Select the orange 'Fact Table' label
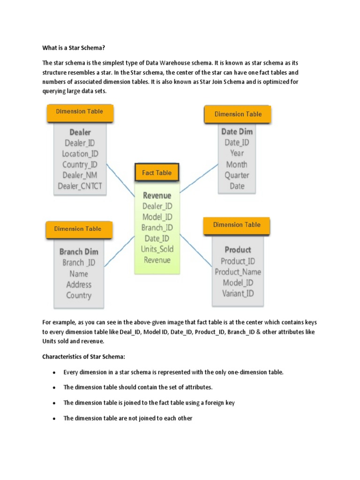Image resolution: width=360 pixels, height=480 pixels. (157, 173)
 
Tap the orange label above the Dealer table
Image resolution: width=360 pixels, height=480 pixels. (80, 112)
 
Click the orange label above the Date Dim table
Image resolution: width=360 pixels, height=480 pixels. (238, 114)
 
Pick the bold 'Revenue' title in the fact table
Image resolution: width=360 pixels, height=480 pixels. (157, 195)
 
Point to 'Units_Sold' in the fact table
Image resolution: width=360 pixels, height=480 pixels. (157, 249)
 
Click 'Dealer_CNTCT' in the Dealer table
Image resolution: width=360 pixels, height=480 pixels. (80, 186)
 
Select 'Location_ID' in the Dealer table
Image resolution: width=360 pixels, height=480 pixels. (80, 154)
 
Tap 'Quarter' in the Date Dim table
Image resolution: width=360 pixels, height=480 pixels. (237, 175)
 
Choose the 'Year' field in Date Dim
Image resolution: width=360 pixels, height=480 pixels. (237, 153)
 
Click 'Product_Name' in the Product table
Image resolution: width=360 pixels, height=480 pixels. (238, 272)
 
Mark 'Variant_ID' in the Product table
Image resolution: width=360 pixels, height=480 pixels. (238, 294)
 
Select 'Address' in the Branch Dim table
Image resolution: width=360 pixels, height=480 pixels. (79, 285)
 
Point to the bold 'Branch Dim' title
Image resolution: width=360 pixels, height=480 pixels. (79, 252)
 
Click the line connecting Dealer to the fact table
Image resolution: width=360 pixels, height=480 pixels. (120, 180)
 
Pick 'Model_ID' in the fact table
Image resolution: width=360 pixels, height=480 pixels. (157, 217)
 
